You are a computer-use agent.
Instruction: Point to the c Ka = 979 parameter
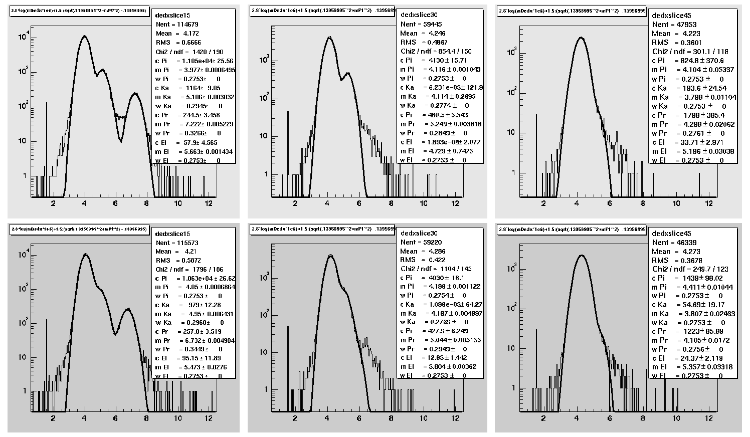tap(187, 305)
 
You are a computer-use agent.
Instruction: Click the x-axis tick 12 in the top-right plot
tap(708, 203)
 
